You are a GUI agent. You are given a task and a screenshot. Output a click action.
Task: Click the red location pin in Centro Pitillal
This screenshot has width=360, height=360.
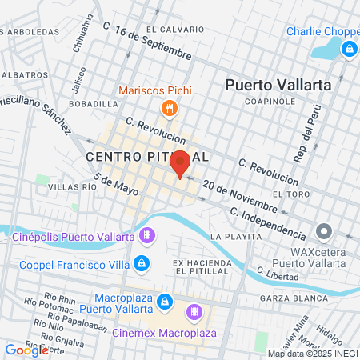click(180, 162)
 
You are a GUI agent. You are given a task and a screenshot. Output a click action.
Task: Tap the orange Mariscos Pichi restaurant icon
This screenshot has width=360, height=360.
click(169, 108)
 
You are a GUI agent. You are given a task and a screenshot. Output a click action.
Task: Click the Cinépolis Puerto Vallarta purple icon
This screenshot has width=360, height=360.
click(147, 236)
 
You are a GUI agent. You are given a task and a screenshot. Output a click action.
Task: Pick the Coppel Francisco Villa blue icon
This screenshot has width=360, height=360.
click(141, 262)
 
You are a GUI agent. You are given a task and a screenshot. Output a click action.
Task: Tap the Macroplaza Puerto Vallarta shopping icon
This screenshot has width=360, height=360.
click(164, 301)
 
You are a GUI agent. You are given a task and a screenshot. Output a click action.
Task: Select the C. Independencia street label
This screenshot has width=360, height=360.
click(267, 224)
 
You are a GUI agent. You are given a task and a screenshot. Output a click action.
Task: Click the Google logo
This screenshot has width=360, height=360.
click(26, 350)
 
